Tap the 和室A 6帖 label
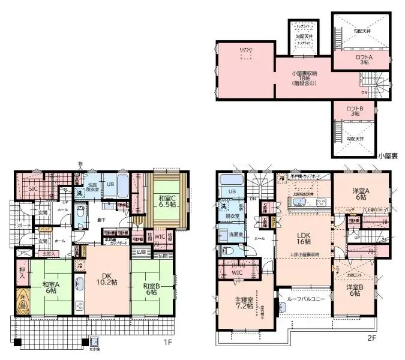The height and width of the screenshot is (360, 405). [x=50, y=287]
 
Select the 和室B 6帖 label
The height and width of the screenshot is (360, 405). [x=150, y=287]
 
